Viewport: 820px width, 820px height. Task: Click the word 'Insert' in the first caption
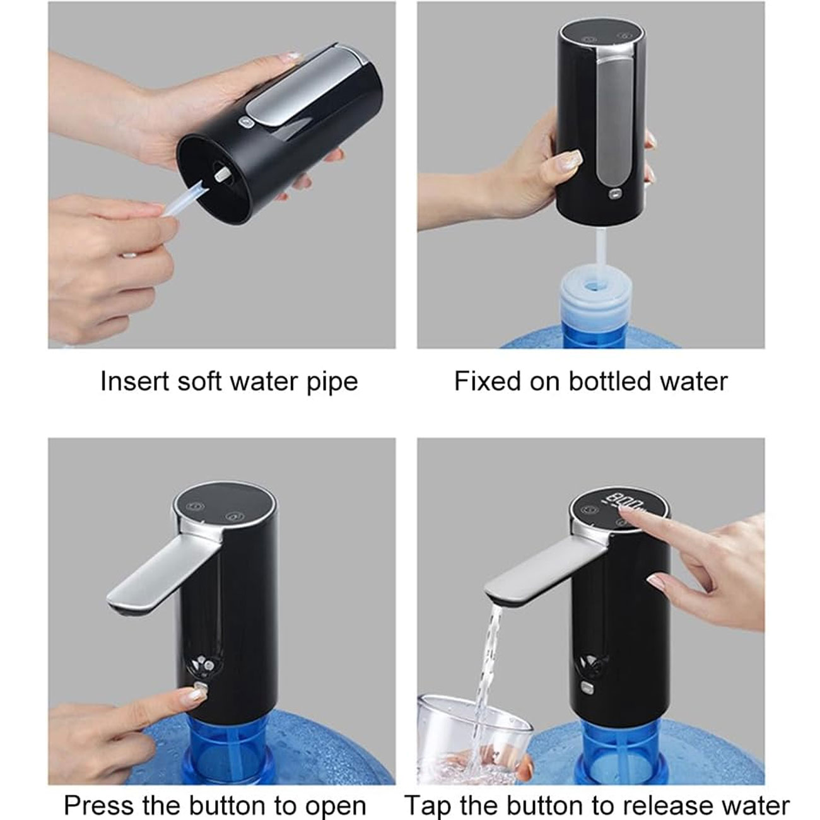pos(135,381)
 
